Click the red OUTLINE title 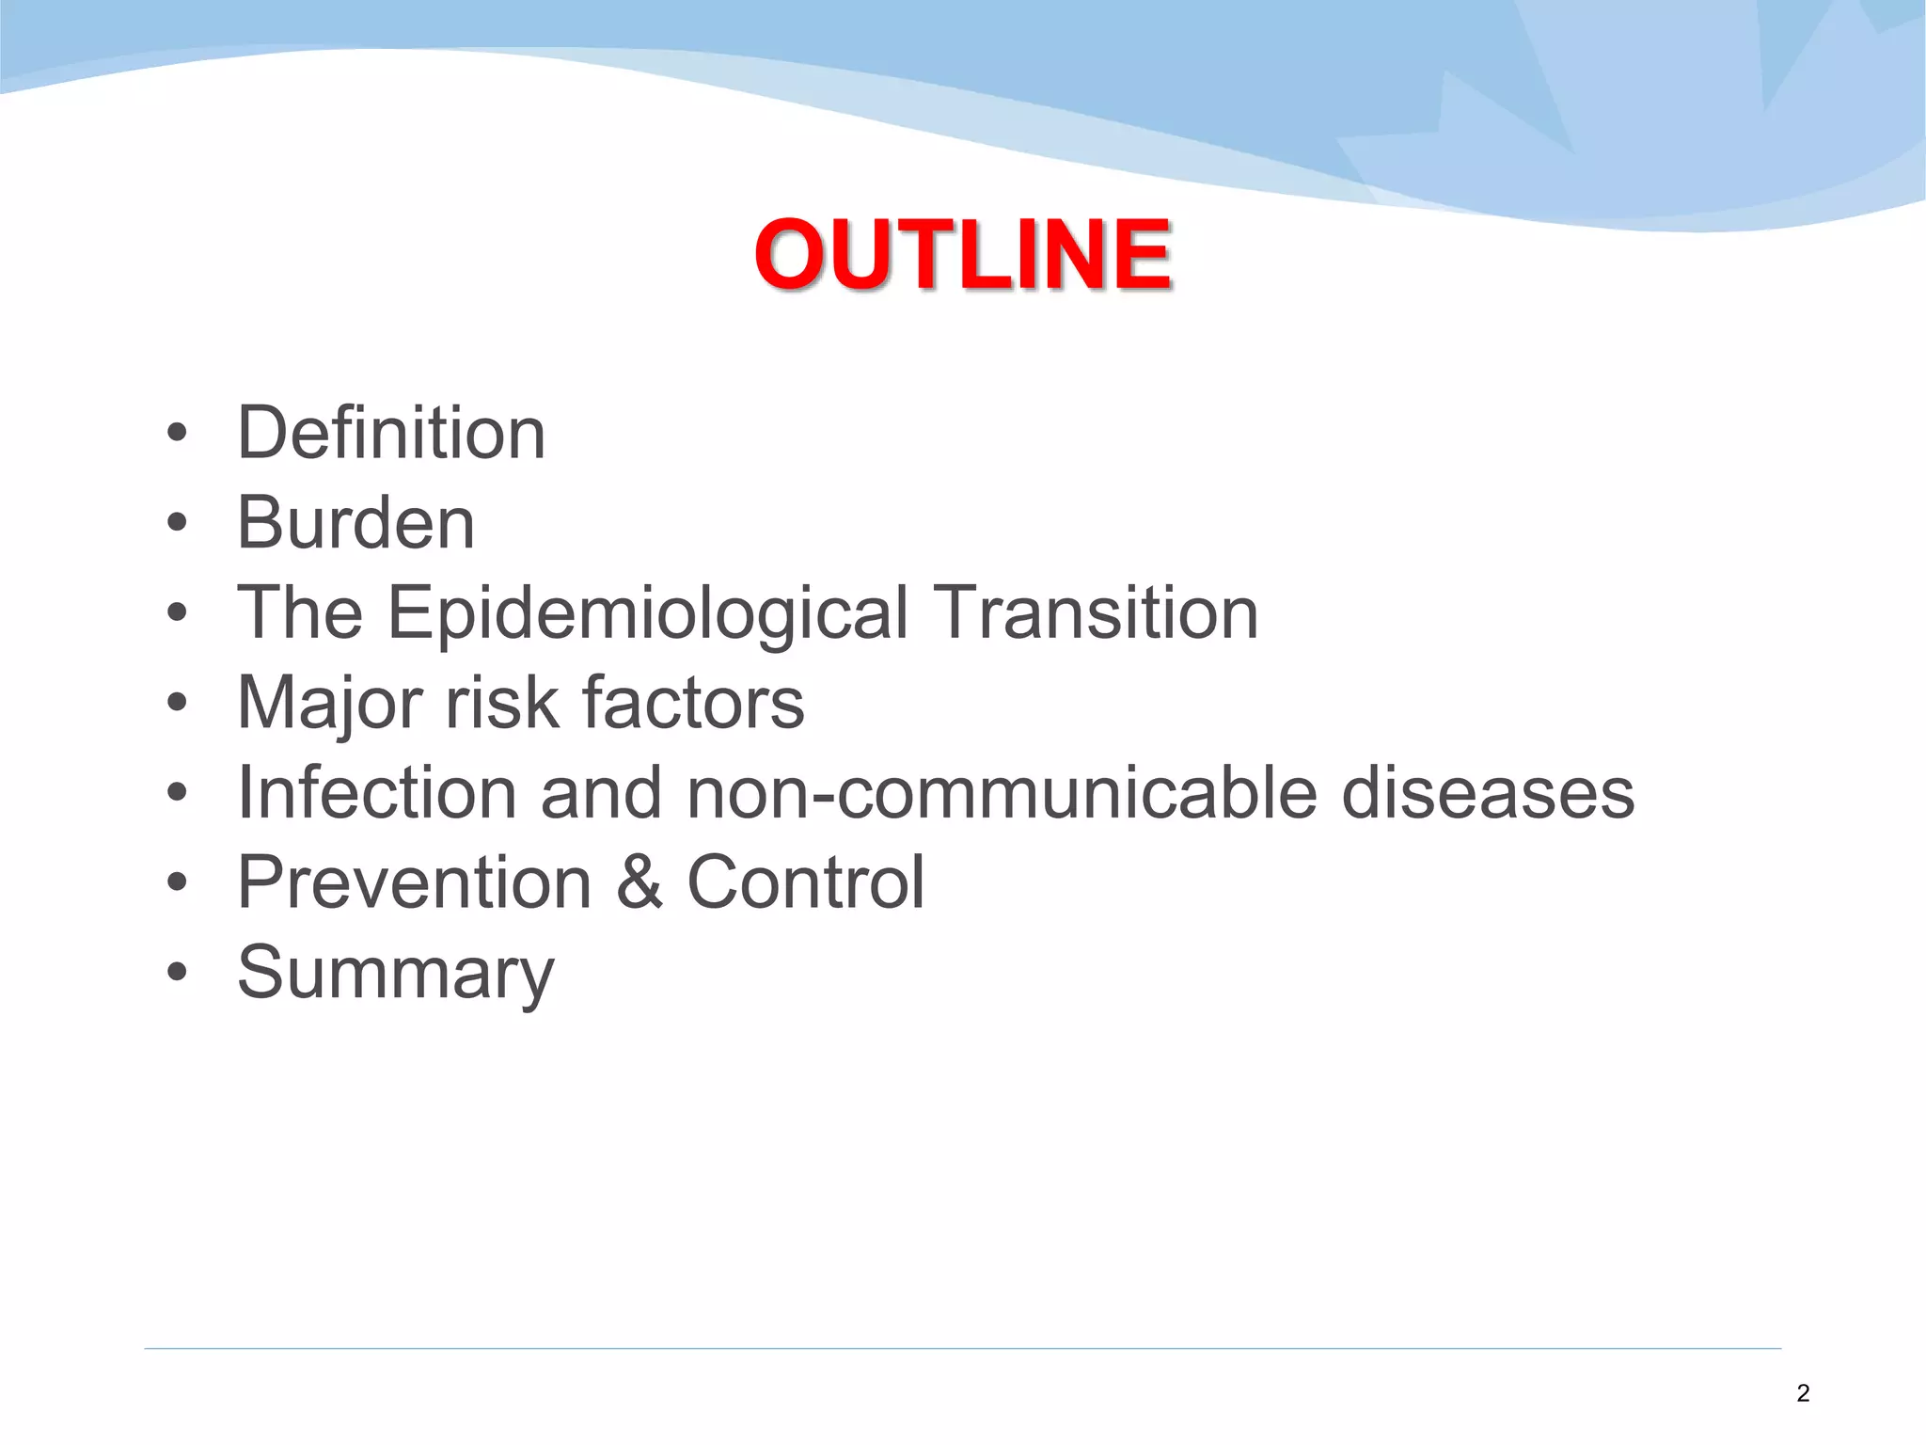[x=962, y=254]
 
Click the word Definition [x=391, y=433]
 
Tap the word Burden [x=355, y=523]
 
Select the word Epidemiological [x=648, y=613]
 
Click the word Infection [x=377, y=792]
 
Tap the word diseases [x=1488, y=792]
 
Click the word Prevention [x=415, y=882]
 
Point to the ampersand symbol [x=639, y=882]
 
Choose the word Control [x=806, y=882]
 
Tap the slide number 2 [x=1802, y=1393]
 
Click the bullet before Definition [x=177, y=434]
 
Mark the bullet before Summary [x=177, y=973]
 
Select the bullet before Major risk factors [x=177, y=703]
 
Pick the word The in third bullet [x=300, y=612]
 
